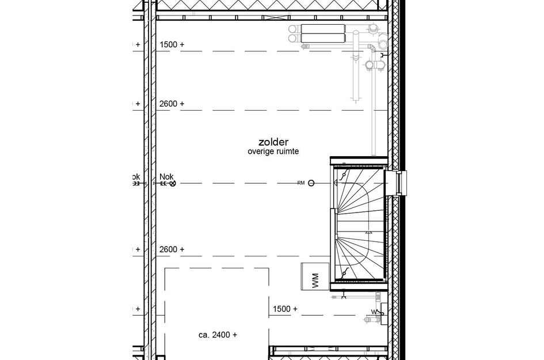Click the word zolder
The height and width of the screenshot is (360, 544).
coord(273,142)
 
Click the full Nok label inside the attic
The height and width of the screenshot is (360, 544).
coord(166,177)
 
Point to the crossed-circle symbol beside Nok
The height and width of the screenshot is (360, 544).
coord(173,183)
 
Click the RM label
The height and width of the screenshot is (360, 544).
coord(300,183)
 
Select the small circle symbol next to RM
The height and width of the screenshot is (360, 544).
coord(311,183)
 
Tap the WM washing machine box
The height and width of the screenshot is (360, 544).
coord(314,277)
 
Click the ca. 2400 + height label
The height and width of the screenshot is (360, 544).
coord(218,334)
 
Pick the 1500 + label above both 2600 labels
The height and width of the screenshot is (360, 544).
coord(172,44)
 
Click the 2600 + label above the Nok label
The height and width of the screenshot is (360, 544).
coord(172,104)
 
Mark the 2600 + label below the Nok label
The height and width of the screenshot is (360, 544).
coord(172,249)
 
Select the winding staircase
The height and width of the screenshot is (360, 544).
coord(358,225)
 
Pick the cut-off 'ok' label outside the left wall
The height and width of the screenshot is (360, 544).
coord(136,177)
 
